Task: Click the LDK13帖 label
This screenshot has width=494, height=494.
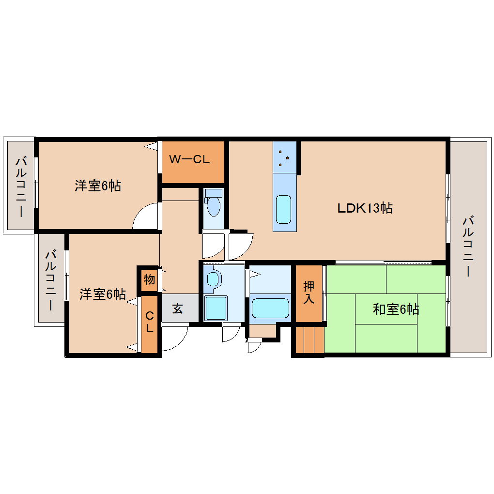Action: pyautogui.click(x=365, y=208)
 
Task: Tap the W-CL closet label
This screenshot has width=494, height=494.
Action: pyautogui.click(x=189, y=159)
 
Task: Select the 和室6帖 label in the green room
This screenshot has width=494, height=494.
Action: pyautogui.click(x=396, y=309)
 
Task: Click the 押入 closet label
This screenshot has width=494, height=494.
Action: pyautogui.click(x=309, y=292)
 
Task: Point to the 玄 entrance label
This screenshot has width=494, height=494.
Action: pyautogui.click(x=178, y=309)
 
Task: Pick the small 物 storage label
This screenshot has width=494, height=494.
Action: pyautogui.click(x=149, y=279)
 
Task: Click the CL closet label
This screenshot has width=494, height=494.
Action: pyautogui.click(x=150, y=323)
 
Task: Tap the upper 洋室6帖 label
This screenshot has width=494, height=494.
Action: pyautogui.click(x=97, y=185)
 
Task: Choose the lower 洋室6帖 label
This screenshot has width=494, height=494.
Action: pyautogui.click(x=103, y=294)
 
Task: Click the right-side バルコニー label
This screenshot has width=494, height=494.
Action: pyautogui.click(x=468, y=247)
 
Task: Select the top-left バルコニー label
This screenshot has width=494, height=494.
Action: pyautogui.click(x=20, y=186)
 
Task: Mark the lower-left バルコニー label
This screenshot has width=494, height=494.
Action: pyautogui.click(x=51, y=279)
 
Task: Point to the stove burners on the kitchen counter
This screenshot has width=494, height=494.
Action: pyautogui.click(x=284, y=157)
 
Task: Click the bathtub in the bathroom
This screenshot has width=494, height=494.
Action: pyautogui.click(x=270, y=308)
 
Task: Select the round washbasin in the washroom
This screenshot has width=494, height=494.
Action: pyautogui.click(x=213, y=278)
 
